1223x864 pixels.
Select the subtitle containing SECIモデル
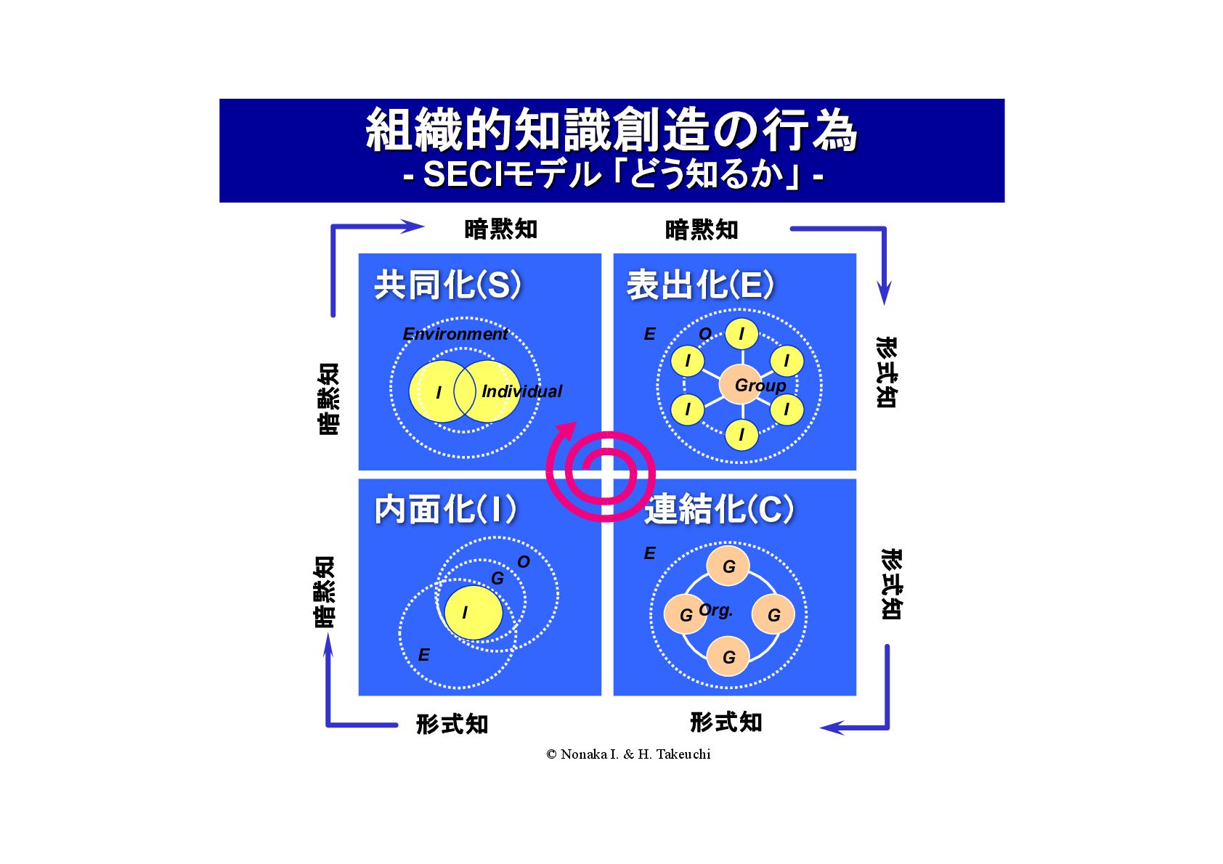pyautogui.click(x=612, y=175)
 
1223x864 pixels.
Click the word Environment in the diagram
pyautogui.click(x=455, y=334)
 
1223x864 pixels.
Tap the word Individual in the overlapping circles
pyautogui.click(x=521, y=391)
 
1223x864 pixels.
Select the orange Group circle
pyautogui.click(x=743, y=386)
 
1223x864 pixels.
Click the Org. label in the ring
pyautogui.click(x=716, y=610)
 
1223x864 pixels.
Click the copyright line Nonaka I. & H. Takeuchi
pyautogui.click(x=628, y=754)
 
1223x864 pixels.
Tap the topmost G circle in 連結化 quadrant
pyautogui.click(x=728, y=566)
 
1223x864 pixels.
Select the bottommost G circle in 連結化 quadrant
pyautogui.click(x=728, y=657)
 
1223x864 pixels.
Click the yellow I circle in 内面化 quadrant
pyautogui.click(x=472, y=613)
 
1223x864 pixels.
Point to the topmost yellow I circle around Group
pyautogui.click(x=741, y=334)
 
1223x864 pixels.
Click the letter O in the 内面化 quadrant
pyautogui.click(x=524, y=562)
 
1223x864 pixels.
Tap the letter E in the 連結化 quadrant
pyautogui.click(x=649, y=553)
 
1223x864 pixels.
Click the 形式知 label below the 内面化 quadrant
pyautogui.click(x=452, y=724)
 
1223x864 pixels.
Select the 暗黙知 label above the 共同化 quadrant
pyautogui.click(x=501, y=229)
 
